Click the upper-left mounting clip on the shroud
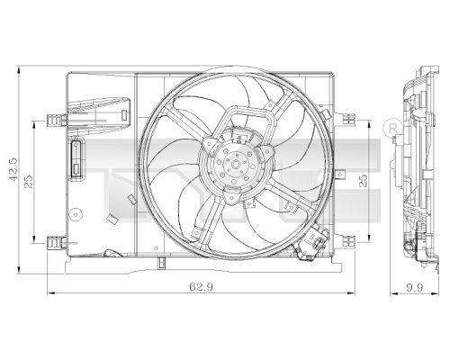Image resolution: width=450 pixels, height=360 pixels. click(x=56, y=119)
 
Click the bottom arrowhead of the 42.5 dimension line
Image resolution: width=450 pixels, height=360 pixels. click(x=22, y=267)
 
